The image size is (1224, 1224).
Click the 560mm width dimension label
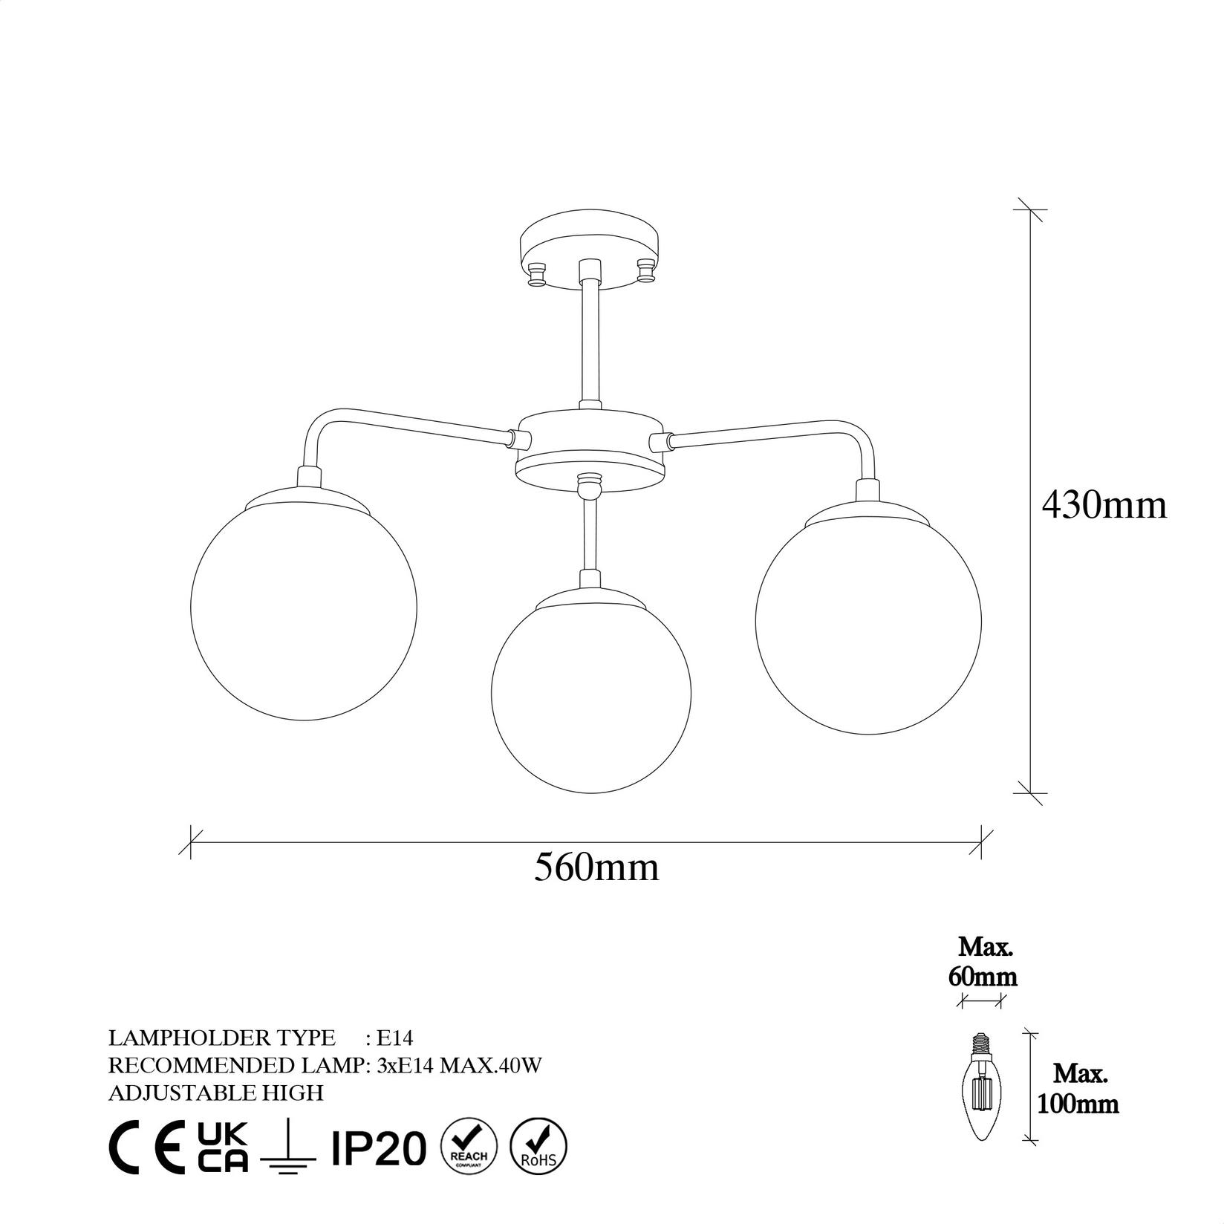[x=596, y=867]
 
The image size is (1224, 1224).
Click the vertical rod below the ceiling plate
[x=590, y=342]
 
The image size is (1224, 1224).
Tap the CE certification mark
[x=147, y=1147]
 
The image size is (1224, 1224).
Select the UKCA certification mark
[x=224, y=1147]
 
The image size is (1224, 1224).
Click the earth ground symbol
[x=288, y=1150]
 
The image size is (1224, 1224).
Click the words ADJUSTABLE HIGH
[x=216, y=1093]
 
